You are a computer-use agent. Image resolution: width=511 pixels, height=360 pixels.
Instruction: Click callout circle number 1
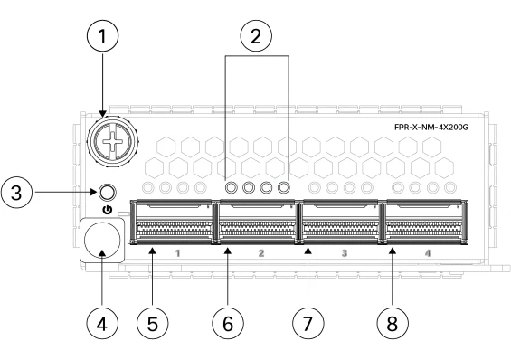click(x=103, y=36)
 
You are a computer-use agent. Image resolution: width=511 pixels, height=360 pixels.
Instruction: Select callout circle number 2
click(x=256, y=35)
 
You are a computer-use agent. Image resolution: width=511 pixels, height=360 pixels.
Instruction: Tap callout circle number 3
click(x=16, y=193)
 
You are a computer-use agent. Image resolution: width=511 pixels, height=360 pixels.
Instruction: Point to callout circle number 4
click(x=102, y=324)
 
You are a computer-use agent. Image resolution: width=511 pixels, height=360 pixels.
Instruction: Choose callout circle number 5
click(x=153, y=324)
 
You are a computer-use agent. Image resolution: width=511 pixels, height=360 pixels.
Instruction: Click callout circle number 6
click(x=228, y=324)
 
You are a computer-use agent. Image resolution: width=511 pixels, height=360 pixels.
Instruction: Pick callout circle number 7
click(x=308, y=324)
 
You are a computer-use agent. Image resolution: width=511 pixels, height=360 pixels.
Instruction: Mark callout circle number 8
click(x=393, y=324)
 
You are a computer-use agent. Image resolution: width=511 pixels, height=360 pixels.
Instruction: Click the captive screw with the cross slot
click(x=112, y=142)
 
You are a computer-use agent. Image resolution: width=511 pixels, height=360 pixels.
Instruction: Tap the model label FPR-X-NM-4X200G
click(x=431, y=127)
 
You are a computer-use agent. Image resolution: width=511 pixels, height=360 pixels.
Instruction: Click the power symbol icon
click(x=108, y=210)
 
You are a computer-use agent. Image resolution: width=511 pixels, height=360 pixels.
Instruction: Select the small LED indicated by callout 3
click(x=107, y=193)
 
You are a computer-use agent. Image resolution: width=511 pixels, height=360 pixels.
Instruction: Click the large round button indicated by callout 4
click(x=102, y=240)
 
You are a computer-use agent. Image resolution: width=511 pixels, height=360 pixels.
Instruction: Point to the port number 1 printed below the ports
click(x=177, y=253)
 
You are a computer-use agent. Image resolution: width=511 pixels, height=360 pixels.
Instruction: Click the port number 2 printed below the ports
click(x=261, y=253)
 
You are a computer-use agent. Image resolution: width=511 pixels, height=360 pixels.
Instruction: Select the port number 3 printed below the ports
click(x=345, y=253)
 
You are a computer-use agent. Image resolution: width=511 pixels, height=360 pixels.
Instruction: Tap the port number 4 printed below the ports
click(x=428, y=253)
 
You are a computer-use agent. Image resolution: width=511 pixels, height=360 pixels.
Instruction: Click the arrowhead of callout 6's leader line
click(x=228, y=251)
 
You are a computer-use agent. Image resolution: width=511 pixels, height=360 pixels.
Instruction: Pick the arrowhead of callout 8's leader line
click(x=393, y=251)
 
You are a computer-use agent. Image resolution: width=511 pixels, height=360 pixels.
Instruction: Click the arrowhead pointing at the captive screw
click(x=103, y=114)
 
